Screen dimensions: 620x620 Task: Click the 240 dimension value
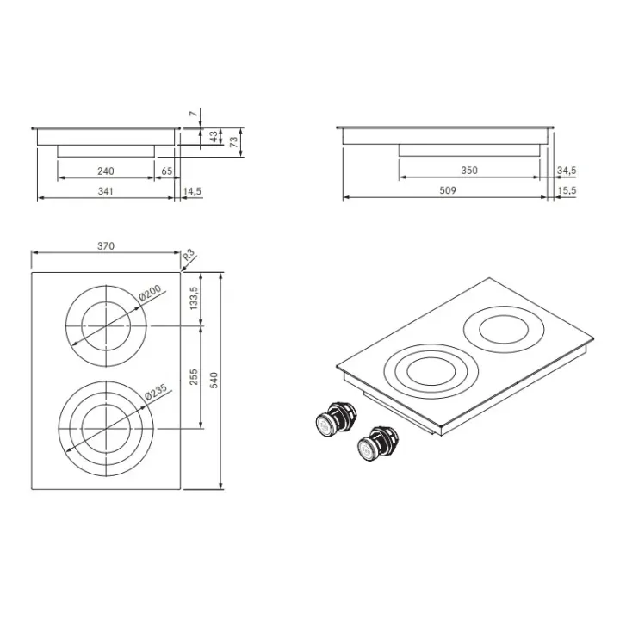[x=106, y=171]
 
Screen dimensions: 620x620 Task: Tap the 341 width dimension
[x=106, y=191]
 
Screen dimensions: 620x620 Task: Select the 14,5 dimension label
[x=192, y=191]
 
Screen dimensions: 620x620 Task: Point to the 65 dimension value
[x=167, y=171]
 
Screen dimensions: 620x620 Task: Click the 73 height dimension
[x=234, y=142]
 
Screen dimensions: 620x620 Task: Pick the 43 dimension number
[x=214, y=137]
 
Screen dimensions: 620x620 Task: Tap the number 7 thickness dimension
[x=194, y=114]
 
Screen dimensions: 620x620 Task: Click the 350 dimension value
[x=469, y=170]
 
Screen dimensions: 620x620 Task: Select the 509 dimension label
[x=448, y=190]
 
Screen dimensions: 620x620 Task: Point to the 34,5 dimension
[x=567, y=170]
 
